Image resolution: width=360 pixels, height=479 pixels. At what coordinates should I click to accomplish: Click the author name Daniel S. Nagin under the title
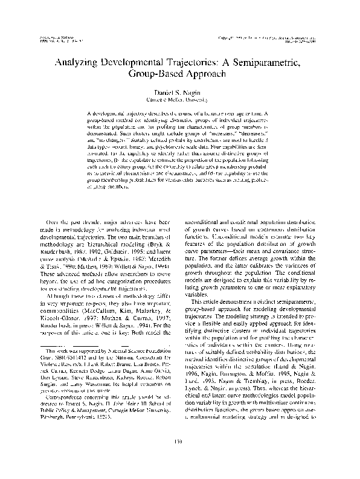pyautogui.click(x=179, y=91)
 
